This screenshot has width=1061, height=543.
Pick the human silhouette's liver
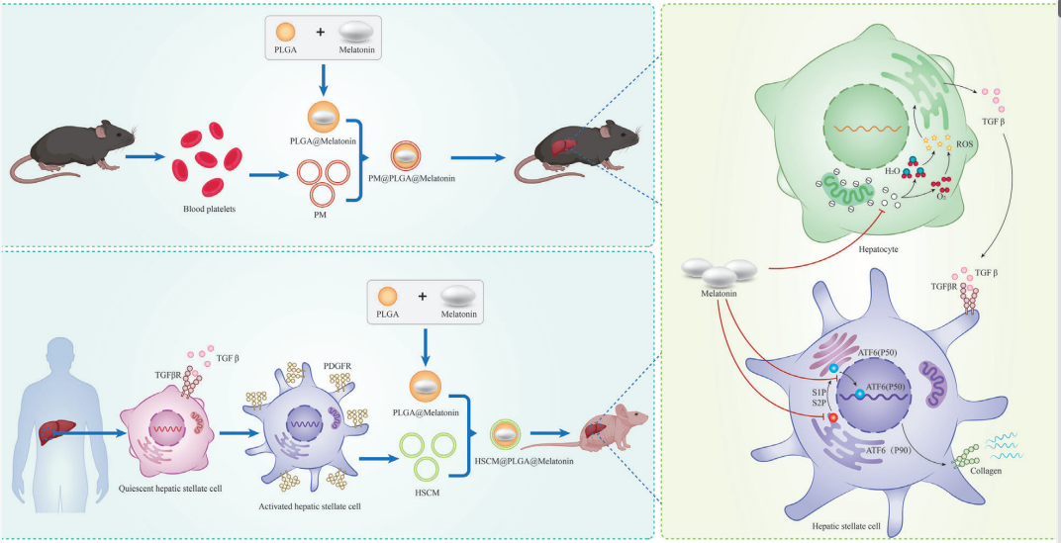tap(52, 431)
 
